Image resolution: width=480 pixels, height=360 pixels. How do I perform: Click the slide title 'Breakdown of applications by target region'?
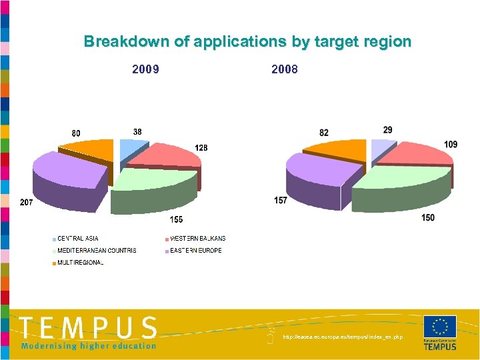coord(247,41)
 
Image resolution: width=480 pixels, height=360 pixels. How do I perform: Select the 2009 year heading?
coord(145,69)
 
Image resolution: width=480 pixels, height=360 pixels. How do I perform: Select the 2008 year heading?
coord(285,69)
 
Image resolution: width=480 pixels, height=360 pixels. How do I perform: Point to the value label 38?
coord(136,132)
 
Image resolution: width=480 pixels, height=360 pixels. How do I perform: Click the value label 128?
coord(201,147)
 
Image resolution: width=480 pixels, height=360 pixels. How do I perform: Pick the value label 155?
coord(176,219)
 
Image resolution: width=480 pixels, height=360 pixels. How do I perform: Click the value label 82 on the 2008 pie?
coord(323,133)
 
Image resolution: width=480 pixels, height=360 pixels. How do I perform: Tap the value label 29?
coord(388,129)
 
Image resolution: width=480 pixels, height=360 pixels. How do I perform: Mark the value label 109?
coord(451,145)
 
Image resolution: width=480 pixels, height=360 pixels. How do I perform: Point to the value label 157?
coord(281,200)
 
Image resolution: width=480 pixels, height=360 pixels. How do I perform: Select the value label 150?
coord(428,218)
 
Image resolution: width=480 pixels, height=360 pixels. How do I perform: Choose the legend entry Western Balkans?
coord(197,239)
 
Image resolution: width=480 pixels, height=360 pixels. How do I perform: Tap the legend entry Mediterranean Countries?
coord(97,251)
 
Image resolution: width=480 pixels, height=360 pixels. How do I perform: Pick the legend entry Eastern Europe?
coord(195,251)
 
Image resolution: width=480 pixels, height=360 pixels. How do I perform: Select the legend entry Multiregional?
coord(80,263)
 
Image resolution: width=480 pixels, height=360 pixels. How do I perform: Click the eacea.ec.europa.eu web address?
coord(343,337)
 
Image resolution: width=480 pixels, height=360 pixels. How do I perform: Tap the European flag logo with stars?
coord(439,327)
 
